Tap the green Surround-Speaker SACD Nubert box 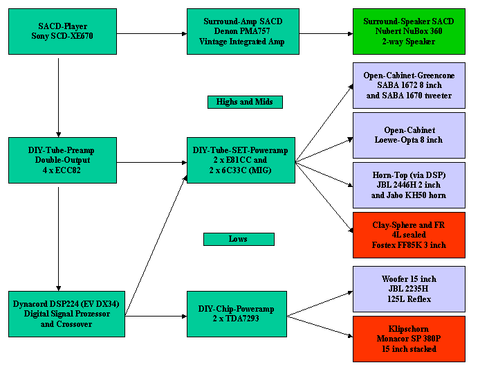[x=408, y=31]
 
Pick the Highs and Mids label [x=244, y=102]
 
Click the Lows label [x=238, y=239]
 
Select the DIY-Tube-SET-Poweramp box [x=241, y=160]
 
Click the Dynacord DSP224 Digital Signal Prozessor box [x=66, y=314]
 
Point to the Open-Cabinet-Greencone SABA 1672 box [x=408, y=85]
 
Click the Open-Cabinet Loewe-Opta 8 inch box [x=408, y=135]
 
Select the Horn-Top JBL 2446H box [x=408, y=185]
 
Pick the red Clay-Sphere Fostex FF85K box [x=408, y=235]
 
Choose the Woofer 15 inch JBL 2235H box [x=408, y=289]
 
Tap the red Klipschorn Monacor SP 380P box [x=408, y=339]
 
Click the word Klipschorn [x=409, y=329]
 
